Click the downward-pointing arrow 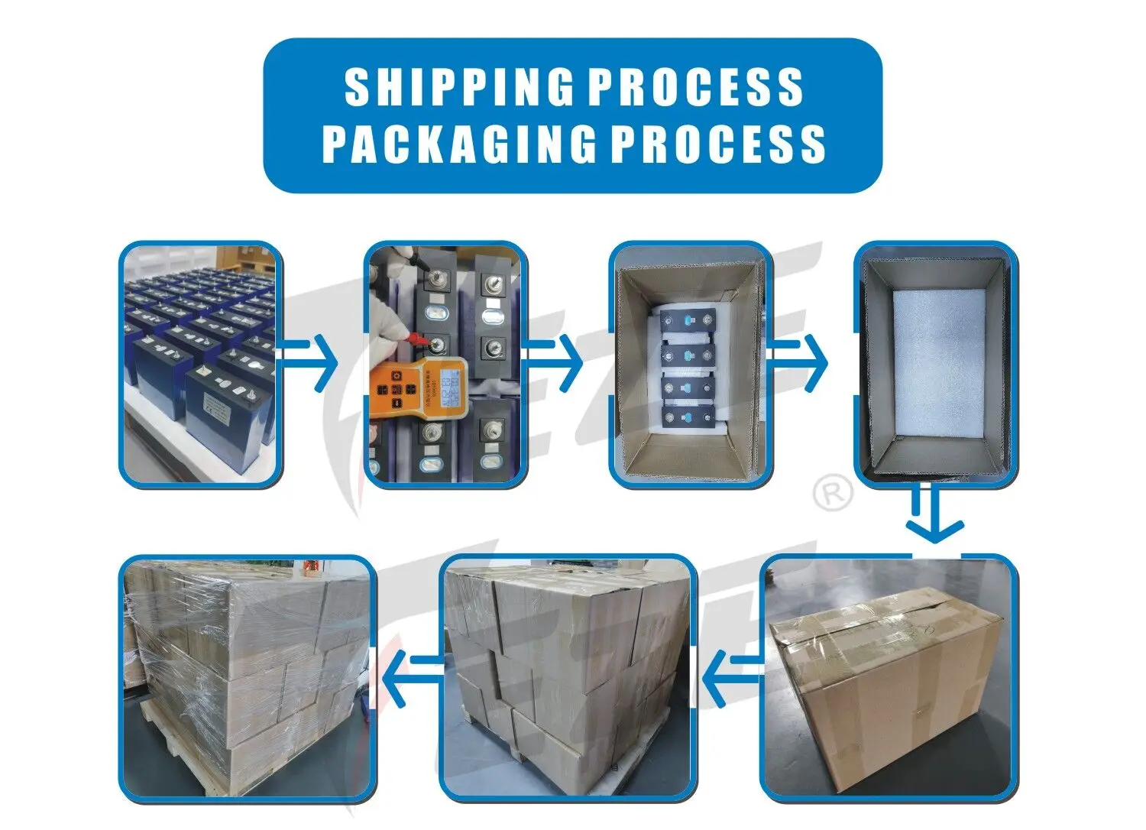pyautogui.click(x=934, y=514)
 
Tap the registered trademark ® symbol pyautogui.click(x=833, y=493)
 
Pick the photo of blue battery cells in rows pyautogui.click(x=200, y=364)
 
